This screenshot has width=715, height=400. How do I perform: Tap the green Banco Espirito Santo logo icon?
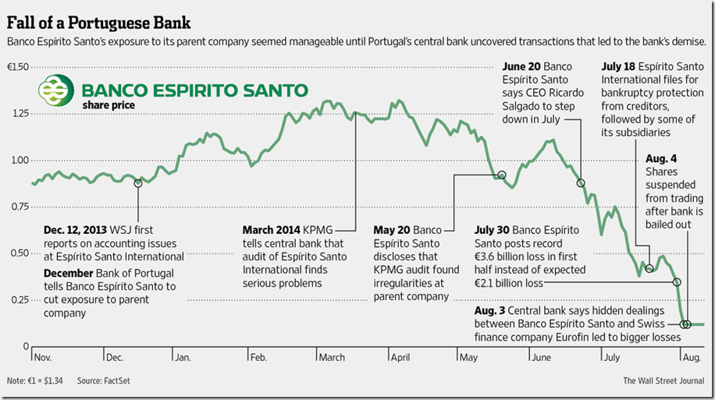(x=60, y=90)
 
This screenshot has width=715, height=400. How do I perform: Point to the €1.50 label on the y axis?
(x=17, y=67)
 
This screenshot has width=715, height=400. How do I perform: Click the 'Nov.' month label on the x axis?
(x=44, y=357)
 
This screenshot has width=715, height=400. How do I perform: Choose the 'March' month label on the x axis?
(x=332, y=357)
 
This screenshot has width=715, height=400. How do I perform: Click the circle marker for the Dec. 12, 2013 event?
(x=138, y=183)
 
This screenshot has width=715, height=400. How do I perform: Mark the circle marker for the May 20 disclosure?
(x=502, y=175)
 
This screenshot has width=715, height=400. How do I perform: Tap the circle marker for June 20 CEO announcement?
(x=581, y=183)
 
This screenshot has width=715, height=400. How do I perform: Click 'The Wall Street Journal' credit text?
(x=664, y=381)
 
